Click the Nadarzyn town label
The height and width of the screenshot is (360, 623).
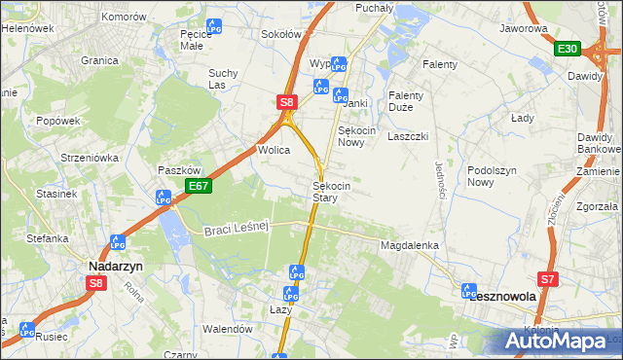pos(116,265)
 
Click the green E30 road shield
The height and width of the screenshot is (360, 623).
pos(568,49)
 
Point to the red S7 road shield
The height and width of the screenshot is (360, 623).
pos(549,279)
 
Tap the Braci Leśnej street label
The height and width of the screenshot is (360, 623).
pos(236,229)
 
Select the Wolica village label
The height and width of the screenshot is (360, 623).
pos(275,150)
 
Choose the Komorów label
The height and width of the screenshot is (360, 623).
pos(123,18)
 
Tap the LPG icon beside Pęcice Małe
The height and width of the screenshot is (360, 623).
pos(215,28)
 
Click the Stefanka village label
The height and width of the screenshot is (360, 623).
pos(46,237)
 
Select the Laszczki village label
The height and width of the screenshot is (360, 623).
pos(408,136)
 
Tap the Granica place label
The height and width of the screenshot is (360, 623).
pos(99,60)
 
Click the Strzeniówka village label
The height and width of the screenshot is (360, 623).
pos(89,157)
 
